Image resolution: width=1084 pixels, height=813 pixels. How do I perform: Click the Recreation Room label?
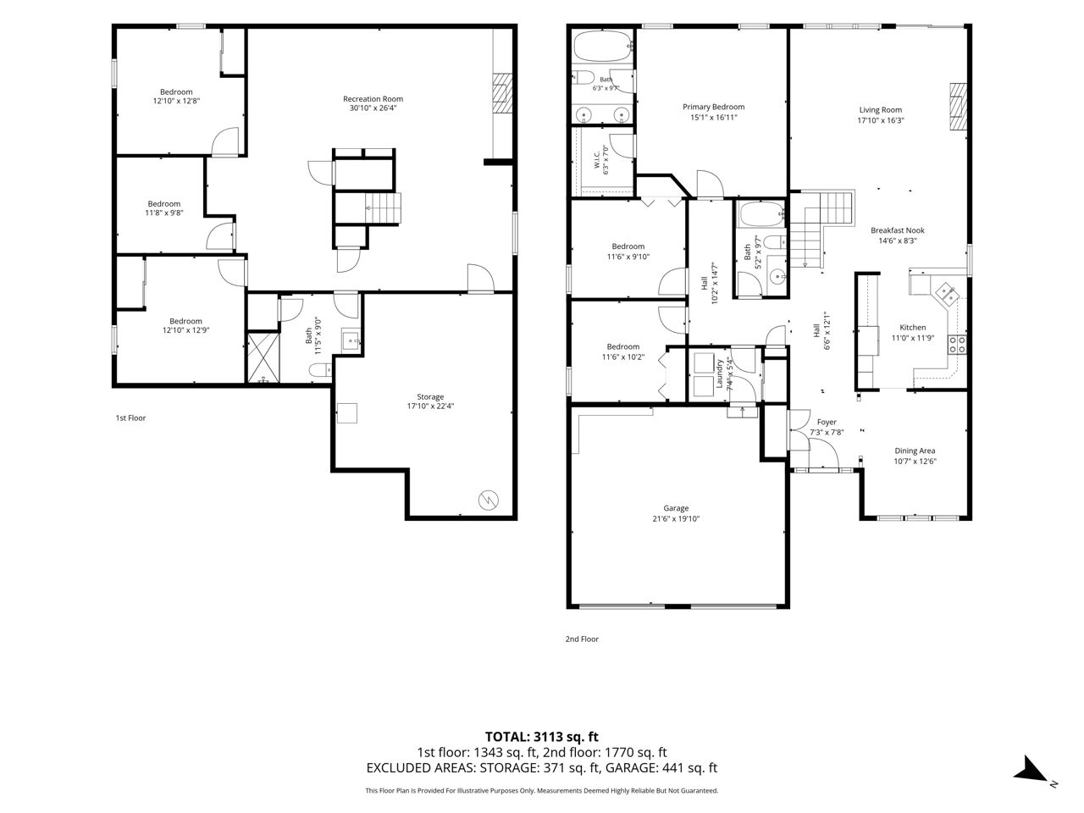(373, 99)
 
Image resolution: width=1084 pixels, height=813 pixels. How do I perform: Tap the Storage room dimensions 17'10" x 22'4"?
(430, 406)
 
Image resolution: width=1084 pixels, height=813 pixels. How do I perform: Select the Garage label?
(676, 508)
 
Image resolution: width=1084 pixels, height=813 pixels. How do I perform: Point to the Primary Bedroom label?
(714, 107)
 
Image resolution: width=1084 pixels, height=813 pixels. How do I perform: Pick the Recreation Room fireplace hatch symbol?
(502, 93)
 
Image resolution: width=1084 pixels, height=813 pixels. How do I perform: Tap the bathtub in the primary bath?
(603, 47)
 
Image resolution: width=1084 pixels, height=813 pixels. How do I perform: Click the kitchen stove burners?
(957, 345)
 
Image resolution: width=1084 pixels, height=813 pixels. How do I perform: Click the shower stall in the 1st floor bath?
(263, 358)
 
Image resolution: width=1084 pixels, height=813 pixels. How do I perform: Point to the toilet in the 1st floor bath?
(320, 370)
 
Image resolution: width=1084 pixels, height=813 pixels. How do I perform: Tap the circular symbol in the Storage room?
(489, 501)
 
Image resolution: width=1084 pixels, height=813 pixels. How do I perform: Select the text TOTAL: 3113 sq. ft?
(542, 737)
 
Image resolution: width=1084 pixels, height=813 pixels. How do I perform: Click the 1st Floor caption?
(131, 418)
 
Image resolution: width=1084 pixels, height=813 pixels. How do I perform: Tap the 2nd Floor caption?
(582, 639)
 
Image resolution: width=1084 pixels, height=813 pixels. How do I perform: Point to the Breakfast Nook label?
(898, 230)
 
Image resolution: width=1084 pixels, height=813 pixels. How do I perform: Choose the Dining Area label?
(915, 451)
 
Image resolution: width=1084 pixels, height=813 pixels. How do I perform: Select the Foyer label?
(827, 422)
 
